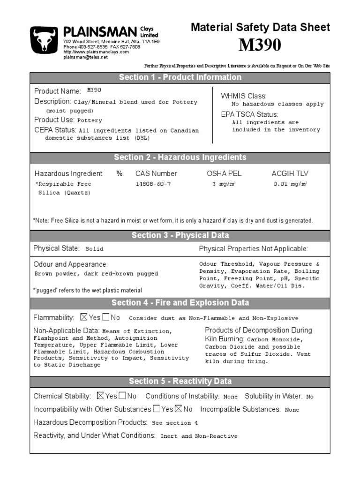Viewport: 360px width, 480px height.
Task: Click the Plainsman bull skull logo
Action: tap(45, 40)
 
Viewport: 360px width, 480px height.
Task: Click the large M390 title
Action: tap(260, 45)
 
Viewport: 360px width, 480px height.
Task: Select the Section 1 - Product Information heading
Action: tap(180, 77)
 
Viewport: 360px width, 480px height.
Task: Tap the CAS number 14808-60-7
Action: tap(153, 184)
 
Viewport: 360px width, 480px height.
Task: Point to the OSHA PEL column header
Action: tap(224, 173)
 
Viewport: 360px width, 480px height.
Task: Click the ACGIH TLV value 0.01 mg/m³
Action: tap(290, 184)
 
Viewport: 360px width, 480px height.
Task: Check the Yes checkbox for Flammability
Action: tap(84, 317)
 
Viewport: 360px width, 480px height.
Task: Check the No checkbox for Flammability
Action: tap(106, 317)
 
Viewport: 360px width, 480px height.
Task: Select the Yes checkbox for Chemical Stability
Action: tap(100, 396)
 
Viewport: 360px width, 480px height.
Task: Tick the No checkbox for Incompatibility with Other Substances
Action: tap(179, 409)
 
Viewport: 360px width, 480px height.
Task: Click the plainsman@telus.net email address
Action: tap(85, 57)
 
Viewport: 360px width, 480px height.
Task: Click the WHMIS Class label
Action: tap(243, 96)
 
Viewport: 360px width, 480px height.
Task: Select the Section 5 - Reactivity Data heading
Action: tap(180, 381)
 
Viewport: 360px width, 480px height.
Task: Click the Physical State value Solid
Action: tap(94, 249)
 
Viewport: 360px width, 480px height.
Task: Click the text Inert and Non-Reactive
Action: tap(199, 436)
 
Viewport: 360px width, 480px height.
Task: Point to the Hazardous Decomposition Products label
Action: tap(90, 422)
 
